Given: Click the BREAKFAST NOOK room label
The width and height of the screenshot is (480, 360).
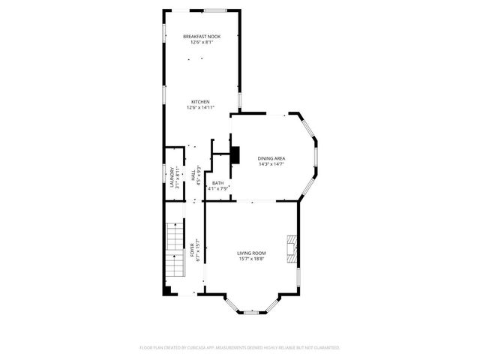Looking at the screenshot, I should click(202, 36).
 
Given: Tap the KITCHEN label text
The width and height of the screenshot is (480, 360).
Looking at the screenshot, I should click(200, 102).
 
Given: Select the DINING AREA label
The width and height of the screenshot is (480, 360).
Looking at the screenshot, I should click(271, 158).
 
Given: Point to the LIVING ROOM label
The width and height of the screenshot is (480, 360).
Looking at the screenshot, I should click(253, 254).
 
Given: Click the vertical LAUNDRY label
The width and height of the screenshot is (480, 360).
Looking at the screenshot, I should click(172, 178).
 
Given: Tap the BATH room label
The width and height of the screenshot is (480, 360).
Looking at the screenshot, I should click(217, 183).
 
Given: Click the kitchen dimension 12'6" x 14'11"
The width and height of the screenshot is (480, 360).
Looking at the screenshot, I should click(200, 108).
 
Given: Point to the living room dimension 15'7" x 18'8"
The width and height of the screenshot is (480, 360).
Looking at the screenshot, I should click(253, 260).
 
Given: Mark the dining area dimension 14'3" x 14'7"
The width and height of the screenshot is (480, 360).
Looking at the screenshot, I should click(271, 164).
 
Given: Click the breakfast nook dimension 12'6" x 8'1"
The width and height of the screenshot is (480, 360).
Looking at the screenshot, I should click(202, 43).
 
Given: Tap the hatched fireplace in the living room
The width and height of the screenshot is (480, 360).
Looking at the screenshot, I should click(291, 248).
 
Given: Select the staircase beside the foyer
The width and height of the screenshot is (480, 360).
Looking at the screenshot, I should click(175, 248).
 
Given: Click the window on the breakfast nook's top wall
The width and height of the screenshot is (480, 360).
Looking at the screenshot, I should click(214, 10).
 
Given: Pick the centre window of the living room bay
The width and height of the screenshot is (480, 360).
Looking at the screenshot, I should click(253, 311).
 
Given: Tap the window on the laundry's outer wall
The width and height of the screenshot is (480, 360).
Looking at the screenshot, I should click(165, 178).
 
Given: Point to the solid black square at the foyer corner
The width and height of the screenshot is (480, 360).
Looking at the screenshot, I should click(166, 290).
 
